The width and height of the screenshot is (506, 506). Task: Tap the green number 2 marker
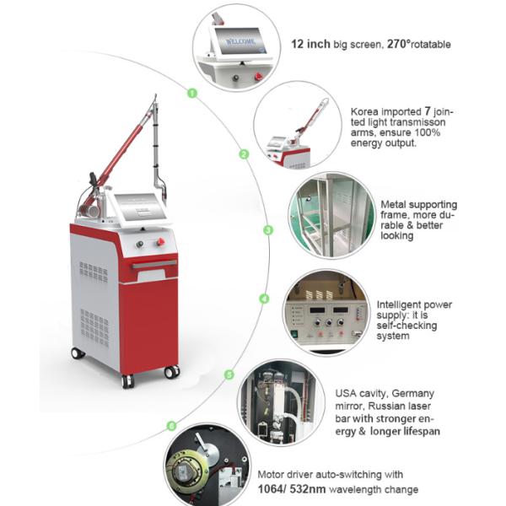pyautogui.click(x=244, y=154)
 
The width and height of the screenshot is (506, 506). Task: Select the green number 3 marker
pyautogui.click(x=268, y=229)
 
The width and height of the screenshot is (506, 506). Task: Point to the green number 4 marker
pyautogui.click(x=264, y=299)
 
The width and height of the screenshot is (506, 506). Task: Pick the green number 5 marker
pyautogui.click(x=228, y=374)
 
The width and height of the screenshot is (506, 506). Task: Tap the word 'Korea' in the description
pyautogui.click(x=363, y=110)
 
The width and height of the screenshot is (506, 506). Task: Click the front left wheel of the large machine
pyautogui.click(x=127, y=380)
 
